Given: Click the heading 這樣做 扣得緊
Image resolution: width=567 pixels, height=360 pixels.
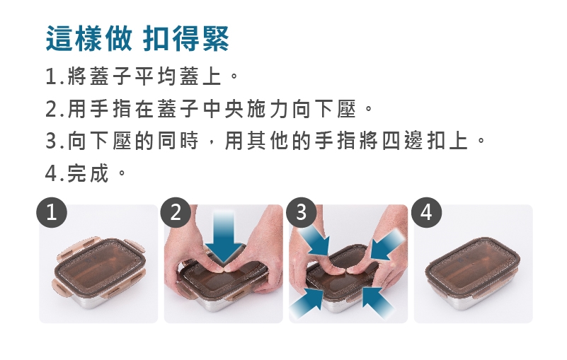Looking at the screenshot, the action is (137, 38).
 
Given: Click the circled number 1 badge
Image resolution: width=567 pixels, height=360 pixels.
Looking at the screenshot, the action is (52, 212).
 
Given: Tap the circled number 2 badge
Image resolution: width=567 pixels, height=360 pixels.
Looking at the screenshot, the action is (176, 212).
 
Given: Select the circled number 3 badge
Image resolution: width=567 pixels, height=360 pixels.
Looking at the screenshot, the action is (301, 212).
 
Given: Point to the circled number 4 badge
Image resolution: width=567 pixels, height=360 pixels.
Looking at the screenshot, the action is (426, 212).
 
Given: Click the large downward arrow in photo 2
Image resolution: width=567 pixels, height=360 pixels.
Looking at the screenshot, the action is (224, 237).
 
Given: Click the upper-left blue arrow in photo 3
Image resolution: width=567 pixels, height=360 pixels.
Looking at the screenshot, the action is (314, 240).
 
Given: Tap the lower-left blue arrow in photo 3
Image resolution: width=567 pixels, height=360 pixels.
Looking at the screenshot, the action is (307, 303).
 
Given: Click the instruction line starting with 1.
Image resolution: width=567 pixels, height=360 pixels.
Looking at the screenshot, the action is (142, 76).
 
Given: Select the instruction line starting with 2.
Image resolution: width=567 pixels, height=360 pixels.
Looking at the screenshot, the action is (209, 109).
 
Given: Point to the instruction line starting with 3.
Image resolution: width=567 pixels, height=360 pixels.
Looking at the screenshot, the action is (265, 141).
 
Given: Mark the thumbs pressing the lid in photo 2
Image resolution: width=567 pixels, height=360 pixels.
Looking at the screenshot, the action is (224, 269).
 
